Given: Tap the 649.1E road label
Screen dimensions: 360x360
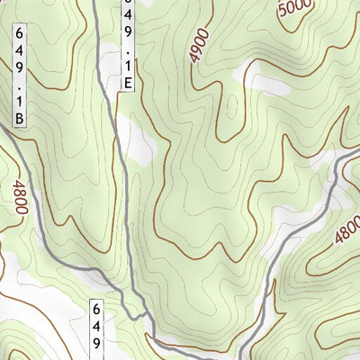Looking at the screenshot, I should pyautogui.click(x=130, y=45).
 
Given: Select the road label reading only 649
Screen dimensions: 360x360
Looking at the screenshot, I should pyautogui.click(x=97, y=328).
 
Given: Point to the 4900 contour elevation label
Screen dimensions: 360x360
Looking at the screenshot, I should pyautogui.click(x=199, y=44).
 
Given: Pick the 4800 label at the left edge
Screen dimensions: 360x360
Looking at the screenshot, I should pyautogui.click(x=20, y=198).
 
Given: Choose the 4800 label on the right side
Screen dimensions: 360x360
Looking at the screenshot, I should pyautogui.click(x=346, y=229).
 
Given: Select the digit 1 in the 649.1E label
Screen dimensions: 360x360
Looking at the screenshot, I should pyautogui.click(x=130, y=64).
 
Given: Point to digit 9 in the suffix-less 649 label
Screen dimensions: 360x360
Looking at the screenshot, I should pyautogui.click(x=97, y=344).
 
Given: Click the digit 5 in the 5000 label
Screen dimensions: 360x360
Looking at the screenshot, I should pyautogui.click(x=283, y=13).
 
